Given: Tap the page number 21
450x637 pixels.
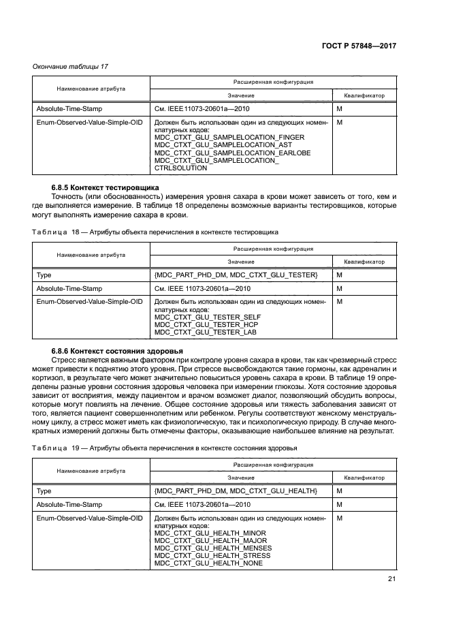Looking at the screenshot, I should pyautogui.click(x=391, y=579).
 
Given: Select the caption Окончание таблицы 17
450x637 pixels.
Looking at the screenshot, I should pyautogui.click(x=71, y=66).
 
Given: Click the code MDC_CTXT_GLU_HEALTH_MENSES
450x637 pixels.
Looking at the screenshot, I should pyautogui.click(x=213, y=548).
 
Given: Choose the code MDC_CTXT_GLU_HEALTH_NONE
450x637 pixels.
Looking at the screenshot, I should pyautogui.click(x=208, y=563).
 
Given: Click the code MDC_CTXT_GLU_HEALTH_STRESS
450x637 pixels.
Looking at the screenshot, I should pyautogui.click(x=212, y=555).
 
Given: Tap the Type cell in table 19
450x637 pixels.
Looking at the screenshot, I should pyautogui.click(x=44, y=491).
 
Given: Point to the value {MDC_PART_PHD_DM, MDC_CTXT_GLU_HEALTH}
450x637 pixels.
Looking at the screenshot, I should pyautogui.click(x=236, y=491).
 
